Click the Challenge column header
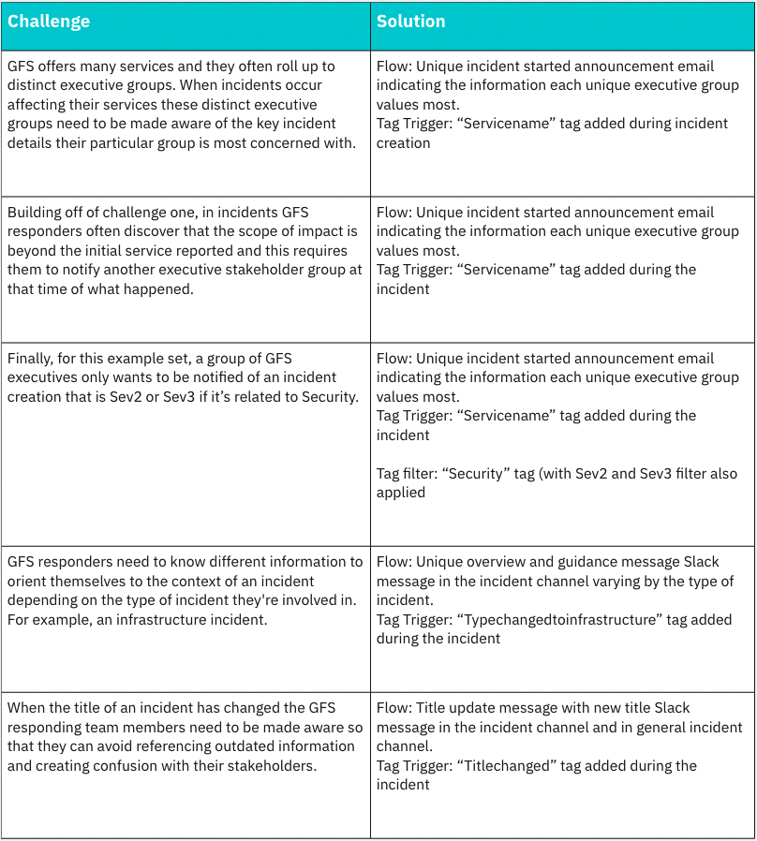tap(49, 22)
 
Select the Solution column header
tap(411, 22)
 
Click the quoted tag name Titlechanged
tap(513, 765)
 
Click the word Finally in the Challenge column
tap(31, 358)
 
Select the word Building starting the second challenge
tap(36, 213)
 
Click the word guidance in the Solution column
tap(588, 562)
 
